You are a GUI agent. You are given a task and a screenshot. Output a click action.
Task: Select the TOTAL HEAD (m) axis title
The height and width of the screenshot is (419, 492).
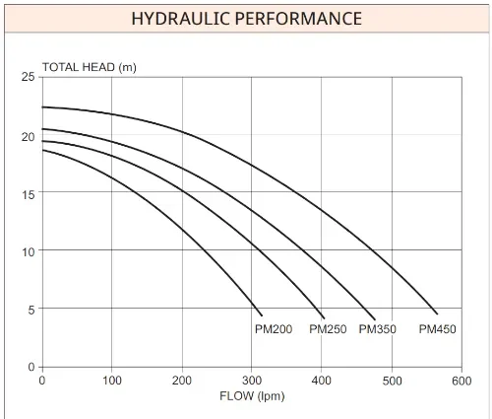(89, 68)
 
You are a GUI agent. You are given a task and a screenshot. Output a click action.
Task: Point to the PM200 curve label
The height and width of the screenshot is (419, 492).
(274, 329)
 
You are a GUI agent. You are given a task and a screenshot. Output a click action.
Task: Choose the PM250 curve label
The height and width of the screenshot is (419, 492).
(328, 329)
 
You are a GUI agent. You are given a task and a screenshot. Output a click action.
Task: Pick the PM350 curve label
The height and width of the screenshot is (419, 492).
(378, 329)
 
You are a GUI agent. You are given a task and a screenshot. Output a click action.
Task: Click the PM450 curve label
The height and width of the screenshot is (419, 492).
(438, 329)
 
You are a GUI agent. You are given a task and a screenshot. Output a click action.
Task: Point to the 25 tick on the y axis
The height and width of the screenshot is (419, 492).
(28, 77)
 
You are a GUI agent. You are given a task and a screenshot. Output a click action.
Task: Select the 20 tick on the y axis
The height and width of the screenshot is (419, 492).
(28, 136)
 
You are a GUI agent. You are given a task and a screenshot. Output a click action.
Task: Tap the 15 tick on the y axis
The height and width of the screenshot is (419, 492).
(28, 193)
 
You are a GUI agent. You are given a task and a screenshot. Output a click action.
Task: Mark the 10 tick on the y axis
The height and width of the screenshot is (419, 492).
(28, 251)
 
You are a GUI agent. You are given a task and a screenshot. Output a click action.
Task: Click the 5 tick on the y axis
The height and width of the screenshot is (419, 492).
(31, 309)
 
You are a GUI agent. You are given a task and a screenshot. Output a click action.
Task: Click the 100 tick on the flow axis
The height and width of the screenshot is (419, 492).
(111, 380)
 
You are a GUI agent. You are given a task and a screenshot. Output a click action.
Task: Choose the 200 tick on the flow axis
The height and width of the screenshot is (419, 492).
(181, 380)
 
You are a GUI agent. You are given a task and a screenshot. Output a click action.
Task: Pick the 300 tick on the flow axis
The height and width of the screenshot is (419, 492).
(252, 380)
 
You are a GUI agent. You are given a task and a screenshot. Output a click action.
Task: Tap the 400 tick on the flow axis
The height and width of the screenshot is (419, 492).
(322, 380)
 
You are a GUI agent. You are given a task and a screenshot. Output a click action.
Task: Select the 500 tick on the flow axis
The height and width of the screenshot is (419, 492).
(392, 380)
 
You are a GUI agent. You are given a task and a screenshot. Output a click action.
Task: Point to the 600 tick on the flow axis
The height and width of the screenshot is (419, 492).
(461, 380)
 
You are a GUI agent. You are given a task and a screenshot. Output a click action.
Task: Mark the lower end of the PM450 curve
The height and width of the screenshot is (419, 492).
(437, 314)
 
